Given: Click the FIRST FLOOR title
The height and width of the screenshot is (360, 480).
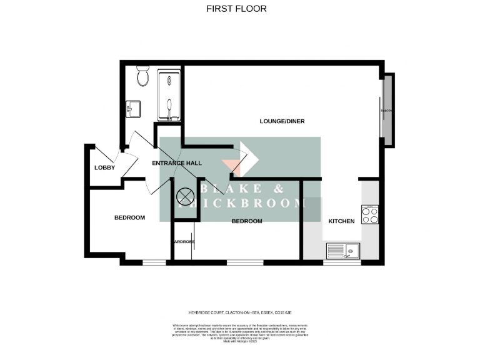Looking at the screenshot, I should pos(236,9).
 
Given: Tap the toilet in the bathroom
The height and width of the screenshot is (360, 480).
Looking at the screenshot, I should pos(142,77).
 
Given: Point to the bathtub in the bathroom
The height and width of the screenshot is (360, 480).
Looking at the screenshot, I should pos(168,97).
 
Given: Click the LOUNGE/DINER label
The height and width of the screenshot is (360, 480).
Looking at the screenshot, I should pos(282,121).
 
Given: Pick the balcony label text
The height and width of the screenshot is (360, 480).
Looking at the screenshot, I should pos(386,111).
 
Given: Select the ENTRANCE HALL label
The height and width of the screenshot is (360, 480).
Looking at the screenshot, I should pos(177,163).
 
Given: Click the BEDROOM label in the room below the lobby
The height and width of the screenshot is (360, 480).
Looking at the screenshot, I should pos(129,217).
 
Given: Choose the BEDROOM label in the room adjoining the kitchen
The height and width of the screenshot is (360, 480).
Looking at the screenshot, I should pos(247,221).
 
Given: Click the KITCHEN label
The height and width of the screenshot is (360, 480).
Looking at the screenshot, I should pos(341,221).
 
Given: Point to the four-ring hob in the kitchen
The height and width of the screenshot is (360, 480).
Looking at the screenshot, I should pos(369,214).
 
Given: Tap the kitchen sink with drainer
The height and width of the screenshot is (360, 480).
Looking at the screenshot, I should pos(342,251).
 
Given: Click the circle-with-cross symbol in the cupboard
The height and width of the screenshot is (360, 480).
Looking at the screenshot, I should pos(185,197).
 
